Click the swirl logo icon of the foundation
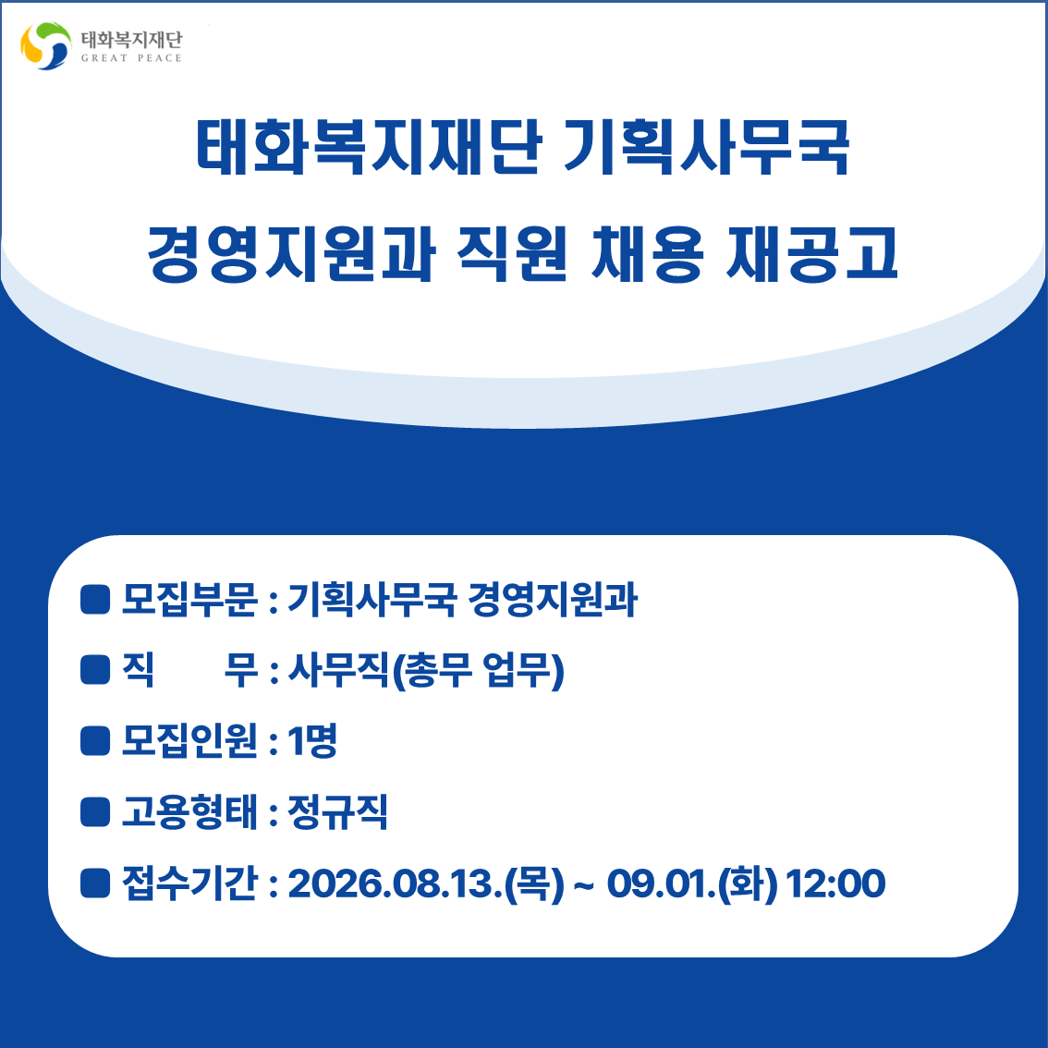click(x=45, y=45)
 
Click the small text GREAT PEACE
click(x=131, y=58)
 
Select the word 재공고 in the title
click(x=811, y=253)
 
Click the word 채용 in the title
click(x=647, y=253)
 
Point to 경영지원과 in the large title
click(x=291, y=253)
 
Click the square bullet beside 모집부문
click(x=95, y=599)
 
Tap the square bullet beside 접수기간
click(x=95, y=883)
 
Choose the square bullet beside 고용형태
click(x=95, y=811)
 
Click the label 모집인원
click(x=189, y=740)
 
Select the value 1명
click(x=312, y=740)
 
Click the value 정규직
click(x=337, y=811)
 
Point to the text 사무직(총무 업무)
click(x=426, y=670)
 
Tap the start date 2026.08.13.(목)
click(x=426, y=883)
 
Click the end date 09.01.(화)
click(x=692, y=883)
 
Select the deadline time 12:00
click(x=836, y=883)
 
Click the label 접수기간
click(x=189, y=883)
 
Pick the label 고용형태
click(x=189, y=811)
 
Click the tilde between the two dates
click(x=583, y=884)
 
